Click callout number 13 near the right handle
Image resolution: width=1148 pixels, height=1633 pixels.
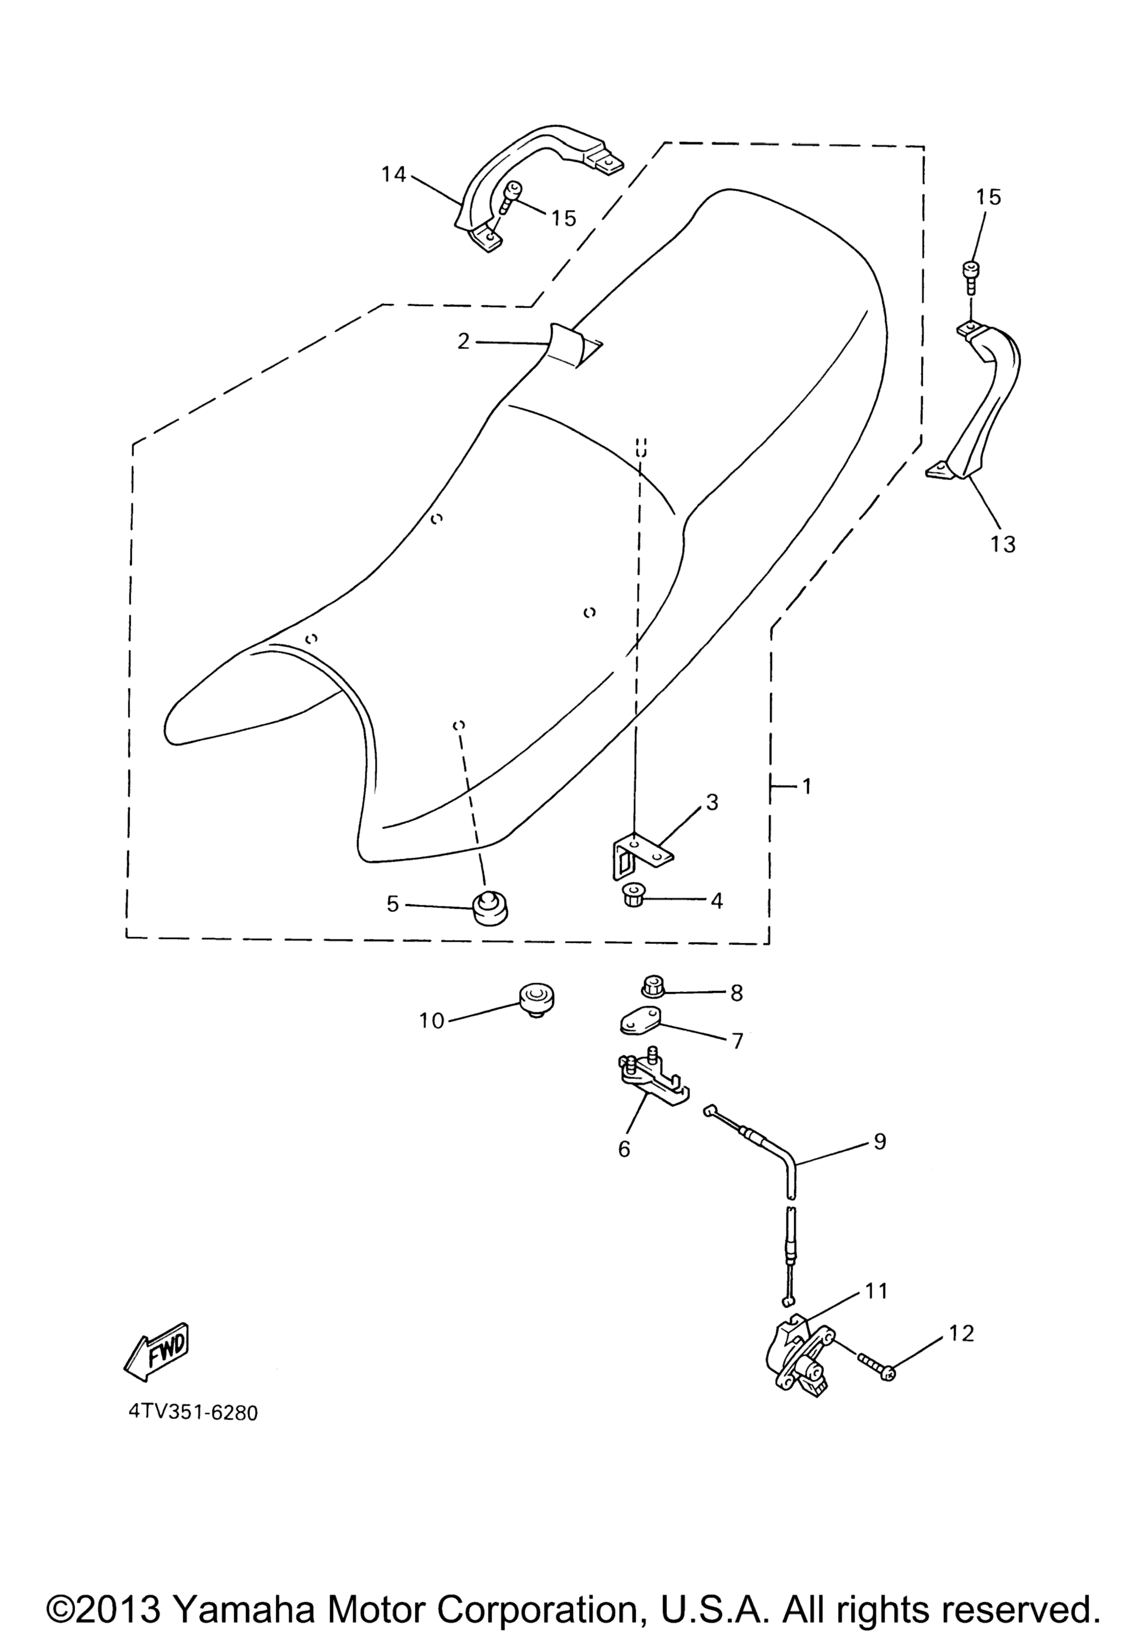[1003, 545]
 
